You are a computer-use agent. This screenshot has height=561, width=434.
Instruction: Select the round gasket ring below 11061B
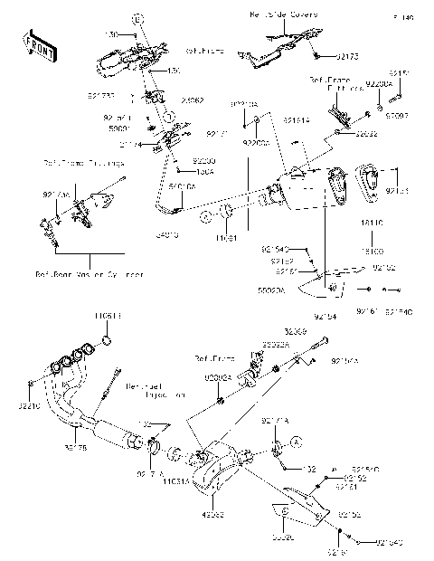(105, 340)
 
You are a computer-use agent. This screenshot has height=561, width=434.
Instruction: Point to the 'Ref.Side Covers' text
(279, 16)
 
